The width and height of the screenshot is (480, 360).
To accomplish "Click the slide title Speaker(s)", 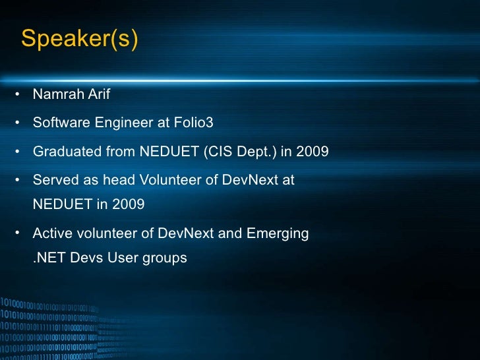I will point(80,39).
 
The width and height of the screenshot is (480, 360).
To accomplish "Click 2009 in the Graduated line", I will point(312,152).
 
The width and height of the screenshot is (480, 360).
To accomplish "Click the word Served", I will point(55,179).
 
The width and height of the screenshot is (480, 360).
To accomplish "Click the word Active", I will point(52,233).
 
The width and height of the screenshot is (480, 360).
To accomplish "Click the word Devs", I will point(86,258).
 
